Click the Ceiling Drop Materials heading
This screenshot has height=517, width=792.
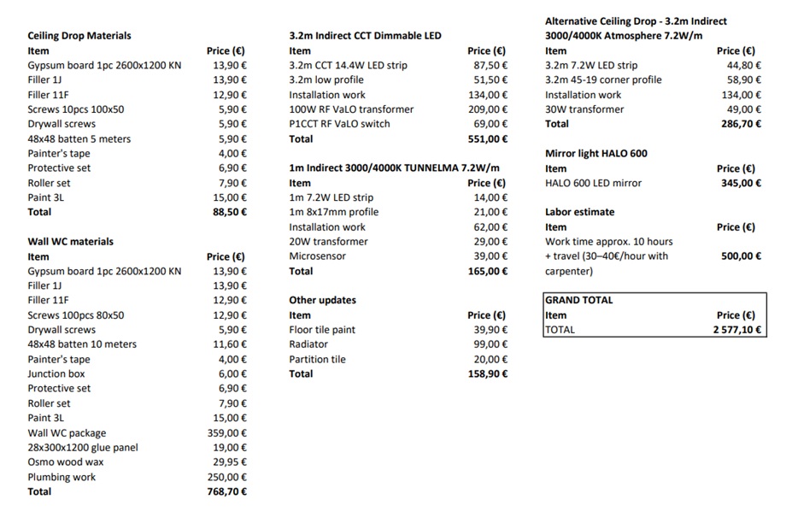point(79,36)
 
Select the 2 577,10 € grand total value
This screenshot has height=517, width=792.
point(737,330)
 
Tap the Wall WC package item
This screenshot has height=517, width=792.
point(67,433)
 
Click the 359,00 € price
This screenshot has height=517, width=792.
point(227,433)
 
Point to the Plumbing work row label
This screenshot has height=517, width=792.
point(62,478)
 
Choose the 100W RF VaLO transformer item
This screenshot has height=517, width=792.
point(351,109)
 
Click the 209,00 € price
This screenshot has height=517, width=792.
point(489,109)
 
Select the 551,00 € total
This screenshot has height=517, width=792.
point(488,138)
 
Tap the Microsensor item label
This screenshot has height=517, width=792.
point(317,256)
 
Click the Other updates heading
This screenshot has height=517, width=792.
point(323,300)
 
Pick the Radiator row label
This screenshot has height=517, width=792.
point(308,344)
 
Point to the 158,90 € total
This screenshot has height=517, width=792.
point(488,373)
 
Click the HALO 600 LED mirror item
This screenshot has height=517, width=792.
point(593,183)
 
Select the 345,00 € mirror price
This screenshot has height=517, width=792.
point(741,183)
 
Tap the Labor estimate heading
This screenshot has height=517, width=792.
point(580,212)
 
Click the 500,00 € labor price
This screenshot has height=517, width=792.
point(741,256)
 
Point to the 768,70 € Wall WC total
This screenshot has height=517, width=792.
point(226,491)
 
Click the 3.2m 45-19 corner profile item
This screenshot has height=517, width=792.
point(603,80)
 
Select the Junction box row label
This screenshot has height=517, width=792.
point(58,373)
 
